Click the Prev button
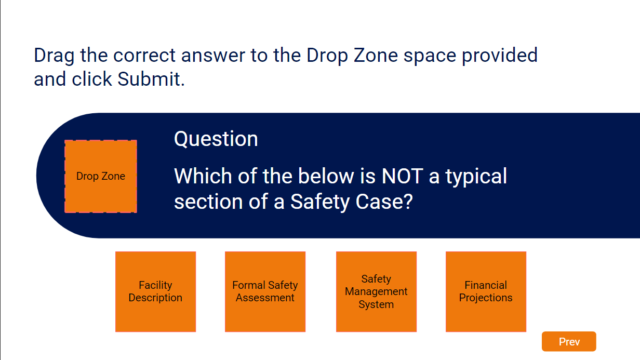[x=569, y=341]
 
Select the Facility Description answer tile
[x=155, y=292]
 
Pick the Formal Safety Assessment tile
[x=265, y=292]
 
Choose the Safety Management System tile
[x=376, y=292]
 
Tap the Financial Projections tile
[x=486, y=292]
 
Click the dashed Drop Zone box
[x=101, y=176]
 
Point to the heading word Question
[x=216, y=139]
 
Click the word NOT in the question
[x=402, y=176]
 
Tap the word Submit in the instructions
[x=151, y=79]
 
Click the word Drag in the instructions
[x=54, y=56]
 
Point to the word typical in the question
[x=476, y=177]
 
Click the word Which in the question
[x=203, y=176]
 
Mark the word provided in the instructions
[x=500, y=56]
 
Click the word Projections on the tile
[x=486, y=298]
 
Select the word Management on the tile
[x=376, y=292]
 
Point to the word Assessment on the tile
[x=265, y=298]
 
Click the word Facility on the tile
[x=155, y=285]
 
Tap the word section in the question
[x=208, y=202]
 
